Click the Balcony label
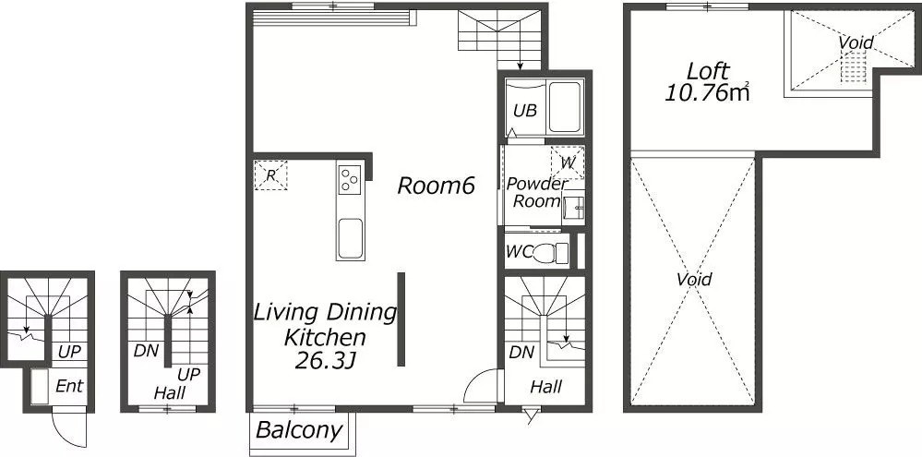(299, 430)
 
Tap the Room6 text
(436, 186)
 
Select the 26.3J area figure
(325, 360)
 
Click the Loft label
(708, 72)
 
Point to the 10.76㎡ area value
(707, 92)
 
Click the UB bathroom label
(524, 111)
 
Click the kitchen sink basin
(350, 238)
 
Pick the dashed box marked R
(270, 174)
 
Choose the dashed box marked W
(568, 162)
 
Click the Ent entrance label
(69, 387)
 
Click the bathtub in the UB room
(565, 108)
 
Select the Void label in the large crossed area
(694, 279)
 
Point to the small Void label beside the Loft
(856, 42)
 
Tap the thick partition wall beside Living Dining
(401, 319)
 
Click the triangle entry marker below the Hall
(533, 417)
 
